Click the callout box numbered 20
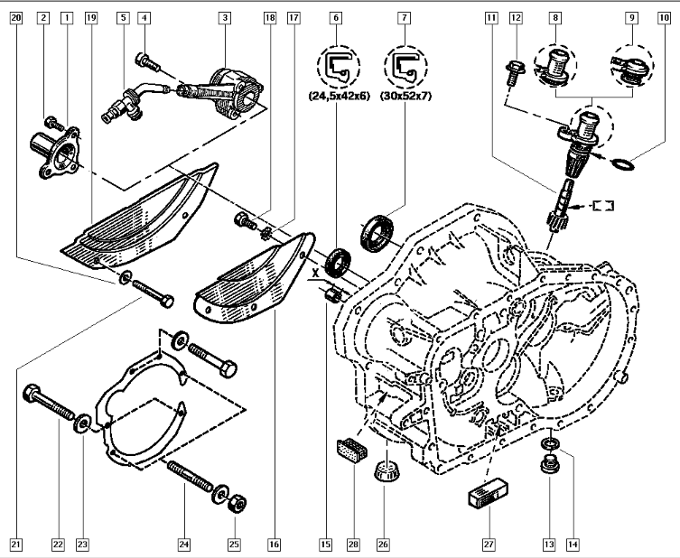(14, 17)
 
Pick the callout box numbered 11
(491, 17)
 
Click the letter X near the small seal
(315, 270)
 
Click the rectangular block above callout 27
(485, 498)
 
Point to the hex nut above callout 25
(238, 502)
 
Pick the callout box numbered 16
(273, 544)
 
